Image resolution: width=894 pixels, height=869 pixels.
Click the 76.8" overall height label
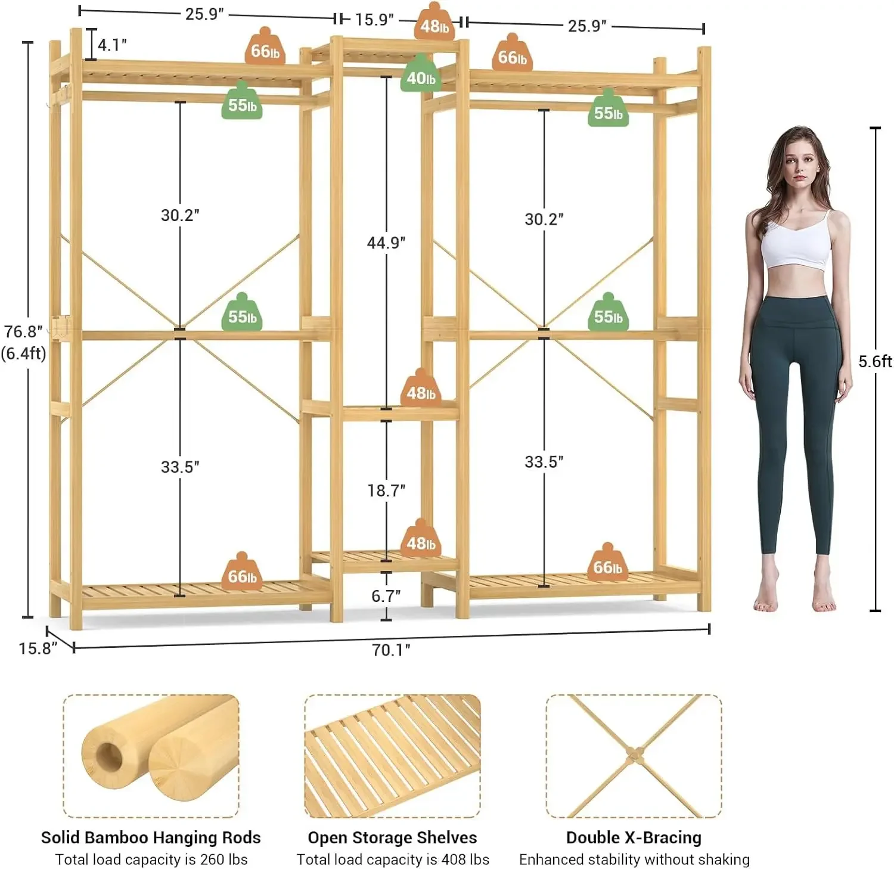coord(23,332)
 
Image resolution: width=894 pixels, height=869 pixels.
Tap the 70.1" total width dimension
coord(390,650)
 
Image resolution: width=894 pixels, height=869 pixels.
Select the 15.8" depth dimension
coord(37,648)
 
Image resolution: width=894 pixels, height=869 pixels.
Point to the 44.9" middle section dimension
coord(386,243)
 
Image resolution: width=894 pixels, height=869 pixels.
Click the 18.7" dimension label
coord(386,491)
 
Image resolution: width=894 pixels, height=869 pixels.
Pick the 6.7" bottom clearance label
coord(386,595)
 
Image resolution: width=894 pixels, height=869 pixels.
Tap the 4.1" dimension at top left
coord(112,45)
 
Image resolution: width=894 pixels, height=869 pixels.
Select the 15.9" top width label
coord(374,20)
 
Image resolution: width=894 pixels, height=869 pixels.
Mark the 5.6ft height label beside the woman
coord(874,361)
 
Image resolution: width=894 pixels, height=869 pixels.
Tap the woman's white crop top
coord(796,244)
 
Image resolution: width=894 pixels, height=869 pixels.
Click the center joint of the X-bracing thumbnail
coord(634,755)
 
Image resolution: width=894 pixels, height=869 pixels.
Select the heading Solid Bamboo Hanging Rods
coord(151,837)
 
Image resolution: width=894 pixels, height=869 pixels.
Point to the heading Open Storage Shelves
coord(392,837)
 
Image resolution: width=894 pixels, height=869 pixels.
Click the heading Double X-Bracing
coord(634,837)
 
